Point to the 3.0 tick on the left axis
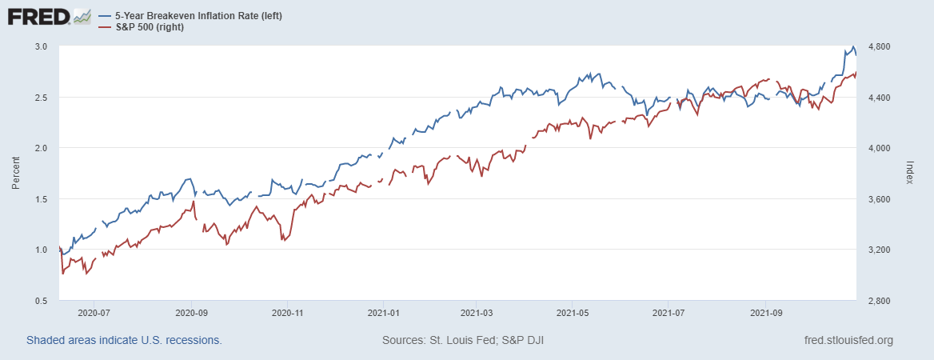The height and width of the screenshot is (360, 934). pos(42,46)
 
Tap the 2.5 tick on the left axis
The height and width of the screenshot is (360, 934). pos(42,98)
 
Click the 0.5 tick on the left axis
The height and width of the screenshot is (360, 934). pos(42,301)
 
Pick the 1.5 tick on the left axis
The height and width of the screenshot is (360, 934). pos(42,199)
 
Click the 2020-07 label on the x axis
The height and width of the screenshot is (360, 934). pos(94,314)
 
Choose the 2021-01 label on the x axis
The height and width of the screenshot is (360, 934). pos(384,314)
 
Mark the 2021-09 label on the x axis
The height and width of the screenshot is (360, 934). pos(766,314)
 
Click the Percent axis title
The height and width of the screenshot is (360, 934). pos(16,174)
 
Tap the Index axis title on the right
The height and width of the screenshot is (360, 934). pos(911,174)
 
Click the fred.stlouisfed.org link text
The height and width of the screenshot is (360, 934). pos(848,341)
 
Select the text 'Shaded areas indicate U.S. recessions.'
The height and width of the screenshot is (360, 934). pos(124,341)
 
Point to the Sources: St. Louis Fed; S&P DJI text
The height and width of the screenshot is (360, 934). pos(464,341)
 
